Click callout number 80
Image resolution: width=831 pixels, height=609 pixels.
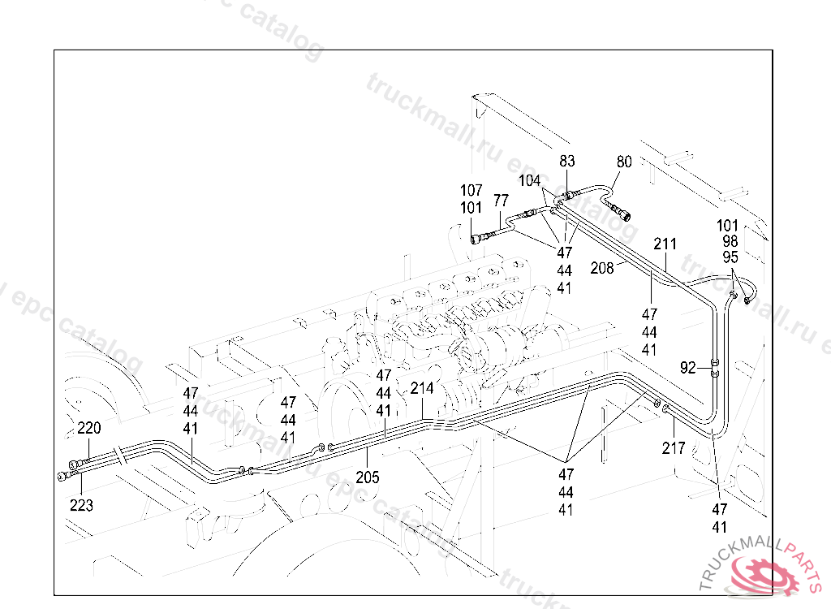pos(623,162)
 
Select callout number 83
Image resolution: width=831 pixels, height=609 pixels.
pos(566,162)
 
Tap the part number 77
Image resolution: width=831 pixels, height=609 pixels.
pos(501,201)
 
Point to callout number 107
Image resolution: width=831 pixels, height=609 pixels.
pos(472,192)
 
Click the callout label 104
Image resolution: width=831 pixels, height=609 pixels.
pos(530,180)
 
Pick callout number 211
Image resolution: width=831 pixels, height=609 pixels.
pos(665,244)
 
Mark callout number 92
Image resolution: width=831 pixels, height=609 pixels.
pos(688,368)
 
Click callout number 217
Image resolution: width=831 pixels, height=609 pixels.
pos(674,447)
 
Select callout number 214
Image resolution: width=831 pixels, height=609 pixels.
pos(422,388)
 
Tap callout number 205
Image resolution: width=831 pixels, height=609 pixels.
pos(367,477)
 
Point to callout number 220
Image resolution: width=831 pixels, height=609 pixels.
pos(89,428)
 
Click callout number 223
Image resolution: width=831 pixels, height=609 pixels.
pos(81,505)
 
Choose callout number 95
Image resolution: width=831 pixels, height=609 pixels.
pos(730,257)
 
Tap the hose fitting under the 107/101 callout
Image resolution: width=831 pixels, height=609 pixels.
pos(478,238)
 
